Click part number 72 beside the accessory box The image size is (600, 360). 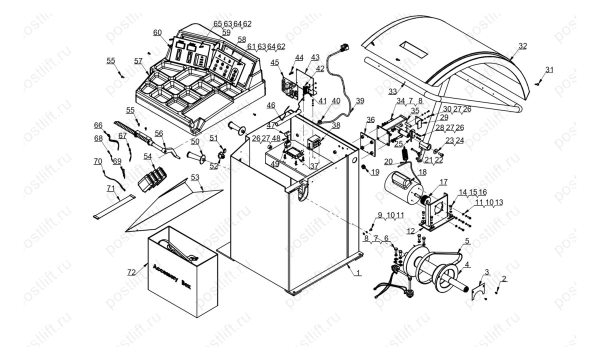131,271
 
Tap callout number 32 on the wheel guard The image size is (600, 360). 522,46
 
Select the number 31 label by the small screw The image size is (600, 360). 549,69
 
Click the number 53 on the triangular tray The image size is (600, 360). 194,177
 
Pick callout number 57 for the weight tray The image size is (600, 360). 138,61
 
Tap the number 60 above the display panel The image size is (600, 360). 157,32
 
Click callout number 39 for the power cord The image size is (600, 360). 360,100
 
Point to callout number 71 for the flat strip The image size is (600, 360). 110,188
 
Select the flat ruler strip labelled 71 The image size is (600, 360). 114,206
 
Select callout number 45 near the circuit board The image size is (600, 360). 275,62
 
